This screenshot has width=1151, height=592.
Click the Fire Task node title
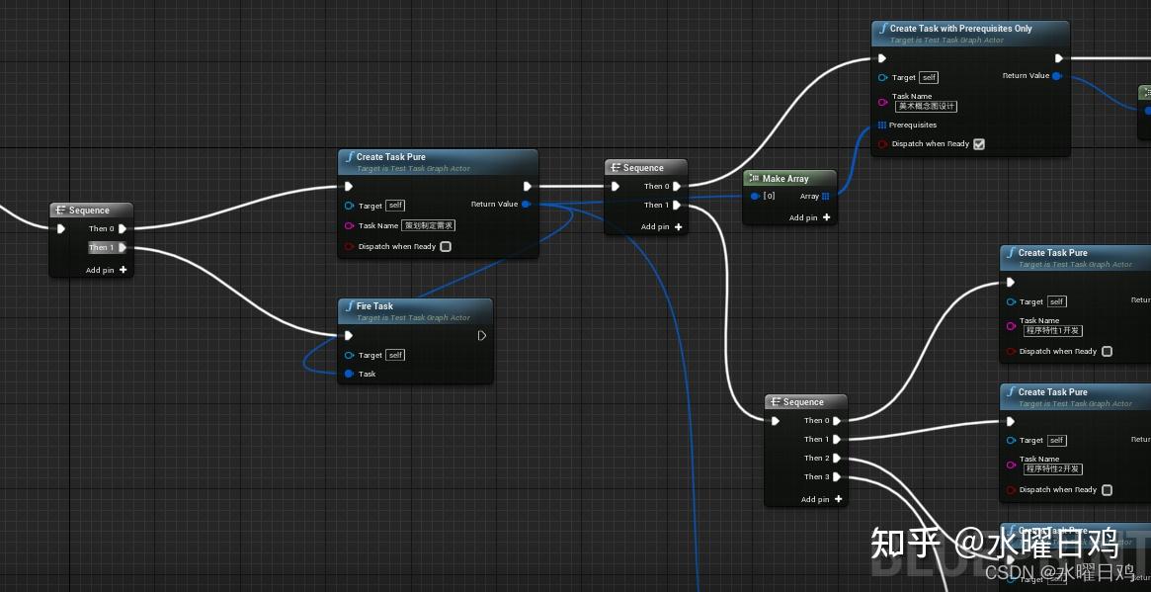(374, 306)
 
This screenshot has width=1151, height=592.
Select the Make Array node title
(785, 179)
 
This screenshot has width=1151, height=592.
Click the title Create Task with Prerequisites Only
(960, 29)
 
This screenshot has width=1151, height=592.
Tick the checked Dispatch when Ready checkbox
(979, 144)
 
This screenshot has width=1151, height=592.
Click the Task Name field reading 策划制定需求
(429, 225)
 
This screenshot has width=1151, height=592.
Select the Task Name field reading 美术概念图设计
(927, 106)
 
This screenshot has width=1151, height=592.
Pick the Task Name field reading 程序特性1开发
(1053, 331)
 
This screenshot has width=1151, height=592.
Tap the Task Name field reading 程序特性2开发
(1053, 469)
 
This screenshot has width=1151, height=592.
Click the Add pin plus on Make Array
(826, 217)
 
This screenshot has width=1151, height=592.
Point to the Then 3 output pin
(837, 476)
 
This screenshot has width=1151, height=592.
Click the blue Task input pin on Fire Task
(349, 374)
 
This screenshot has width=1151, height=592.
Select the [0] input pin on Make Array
(756, 197)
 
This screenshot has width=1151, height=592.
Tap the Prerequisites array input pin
(882, 126)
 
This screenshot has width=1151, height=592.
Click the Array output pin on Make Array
(826, 197)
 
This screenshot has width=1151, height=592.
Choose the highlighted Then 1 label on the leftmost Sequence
(101, 248)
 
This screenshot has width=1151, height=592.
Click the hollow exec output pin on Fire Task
(481, 336)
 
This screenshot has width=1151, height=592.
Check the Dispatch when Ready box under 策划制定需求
(446, 247)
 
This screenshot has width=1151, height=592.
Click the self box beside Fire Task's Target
(395, 355)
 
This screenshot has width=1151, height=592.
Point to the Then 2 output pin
(837, 458)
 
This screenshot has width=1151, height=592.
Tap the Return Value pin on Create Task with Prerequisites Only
(1056, 76)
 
